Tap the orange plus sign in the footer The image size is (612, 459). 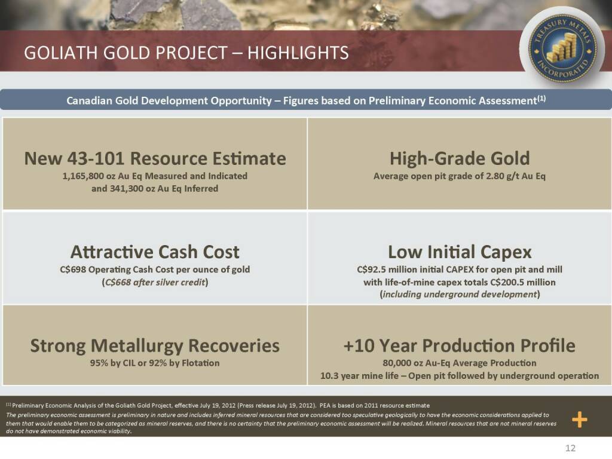(580, 420)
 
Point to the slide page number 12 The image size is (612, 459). (570, 448)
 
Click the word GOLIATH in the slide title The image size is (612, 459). (62, 53)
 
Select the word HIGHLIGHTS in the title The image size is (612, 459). (298, 53)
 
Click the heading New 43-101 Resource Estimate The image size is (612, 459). (155, 158)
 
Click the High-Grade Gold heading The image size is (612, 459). (460, 158)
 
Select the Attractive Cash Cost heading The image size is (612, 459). (155, 252)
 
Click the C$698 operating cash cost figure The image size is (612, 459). (73, 270)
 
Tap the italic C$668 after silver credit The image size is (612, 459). (117, 282)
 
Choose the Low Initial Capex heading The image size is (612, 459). (460, 252)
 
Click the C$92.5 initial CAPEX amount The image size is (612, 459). (372, 270)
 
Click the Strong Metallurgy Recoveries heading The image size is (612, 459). (155, 346)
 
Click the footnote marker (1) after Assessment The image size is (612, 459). (541, 99)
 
